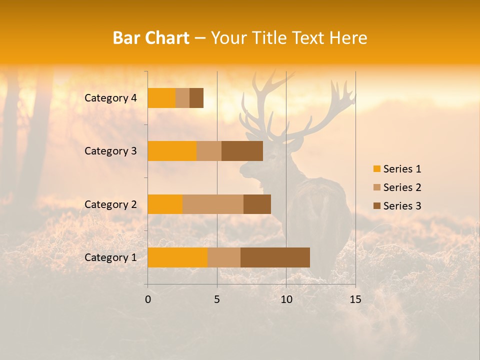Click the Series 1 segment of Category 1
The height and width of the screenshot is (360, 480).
177,257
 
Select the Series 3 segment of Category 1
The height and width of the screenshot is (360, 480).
275,257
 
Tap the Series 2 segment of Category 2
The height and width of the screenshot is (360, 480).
213,204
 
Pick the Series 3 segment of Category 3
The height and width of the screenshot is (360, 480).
242,151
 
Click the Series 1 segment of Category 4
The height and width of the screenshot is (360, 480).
161,98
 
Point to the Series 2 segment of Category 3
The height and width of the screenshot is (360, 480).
209,151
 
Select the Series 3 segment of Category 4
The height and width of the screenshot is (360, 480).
196,98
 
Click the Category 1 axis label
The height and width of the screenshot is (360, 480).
110,257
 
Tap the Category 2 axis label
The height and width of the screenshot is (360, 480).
110,204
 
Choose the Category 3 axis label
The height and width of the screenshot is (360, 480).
110,151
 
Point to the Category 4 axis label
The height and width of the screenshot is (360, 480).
110,98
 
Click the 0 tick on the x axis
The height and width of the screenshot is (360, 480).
148,299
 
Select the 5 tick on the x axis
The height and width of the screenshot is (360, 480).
217,299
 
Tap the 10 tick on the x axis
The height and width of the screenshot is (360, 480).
286,299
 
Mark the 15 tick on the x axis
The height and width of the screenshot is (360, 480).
355,299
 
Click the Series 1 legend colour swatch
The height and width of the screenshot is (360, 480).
376,169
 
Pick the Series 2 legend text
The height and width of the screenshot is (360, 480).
402,187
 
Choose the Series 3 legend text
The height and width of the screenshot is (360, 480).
402,206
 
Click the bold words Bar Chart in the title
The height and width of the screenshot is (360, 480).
151,38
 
